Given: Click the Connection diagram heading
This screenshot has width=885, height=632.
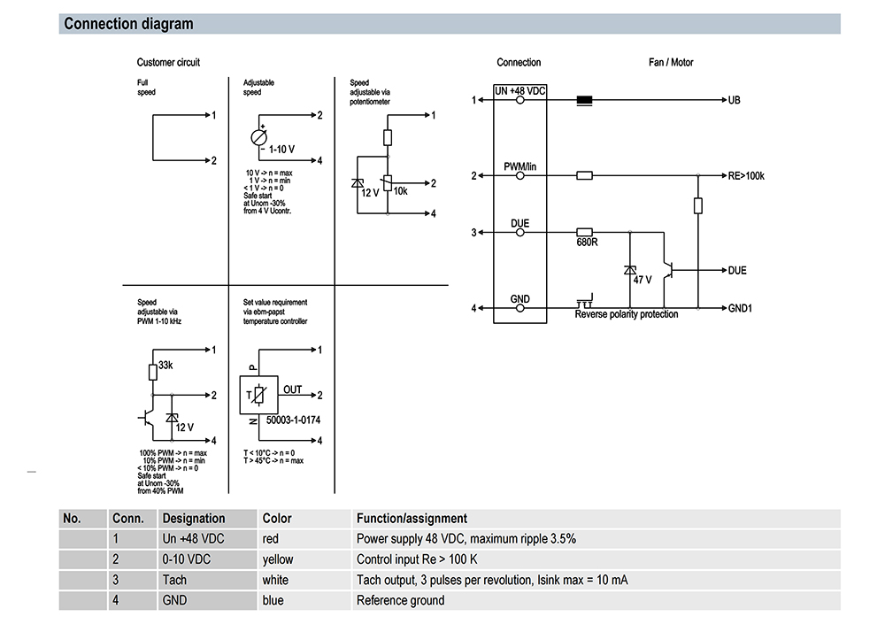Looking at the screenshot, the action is [128, 24].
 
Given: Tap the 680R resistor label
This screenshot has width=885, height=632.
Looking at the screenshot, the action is [587, 242].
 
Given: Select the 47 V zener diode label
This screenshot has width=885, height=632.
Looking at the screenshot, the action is [643, 280].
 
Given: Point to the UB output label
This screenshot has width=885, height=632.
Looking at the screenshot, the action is [735, 100].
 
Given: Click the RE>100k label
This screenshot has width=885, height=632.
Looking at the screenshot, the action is [746, 176].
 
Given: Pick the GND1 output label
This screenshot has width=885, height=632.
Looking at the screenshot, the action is [740, 308].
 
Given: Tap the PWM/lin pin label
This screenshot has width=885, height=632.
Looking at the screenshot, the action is [519, 166].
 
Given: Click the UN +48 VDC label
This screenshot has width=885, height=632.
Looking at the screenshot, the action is [519, 91].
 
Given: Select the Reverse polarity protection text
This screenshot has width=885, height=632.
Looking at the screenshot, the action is [627, 314].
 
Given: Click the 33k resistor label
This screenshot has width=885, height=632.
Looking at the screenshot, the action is [165, 365].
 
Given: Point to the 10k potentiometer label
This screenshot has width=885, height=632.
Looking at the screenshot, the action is [400, 191].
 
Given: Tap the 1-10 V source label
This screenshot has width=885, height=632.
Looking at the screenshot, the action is [281, 150].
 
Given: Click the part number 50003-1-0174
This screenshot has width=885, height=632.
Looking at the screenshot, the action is [293, 420].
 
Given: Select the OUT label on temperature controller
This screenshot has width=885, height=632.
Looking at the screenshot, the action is [292, 389].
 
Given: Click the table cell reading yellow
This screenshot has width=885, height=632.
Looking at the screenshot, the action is [278, 559].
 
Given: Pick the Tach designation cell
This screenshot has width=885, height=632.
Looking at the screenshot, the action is [174, 580].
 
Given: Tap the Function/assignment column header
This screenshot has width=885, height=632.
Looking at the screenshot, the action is [412, 518].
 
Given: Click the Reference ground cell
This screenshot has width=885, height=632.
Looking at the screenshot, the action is [401, 600].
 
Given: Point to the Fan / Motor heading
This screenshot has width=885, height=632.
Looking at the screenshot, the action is [671, 62].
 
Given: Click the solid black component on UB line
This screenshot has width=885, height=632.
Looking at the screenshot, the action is [584, 100].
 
